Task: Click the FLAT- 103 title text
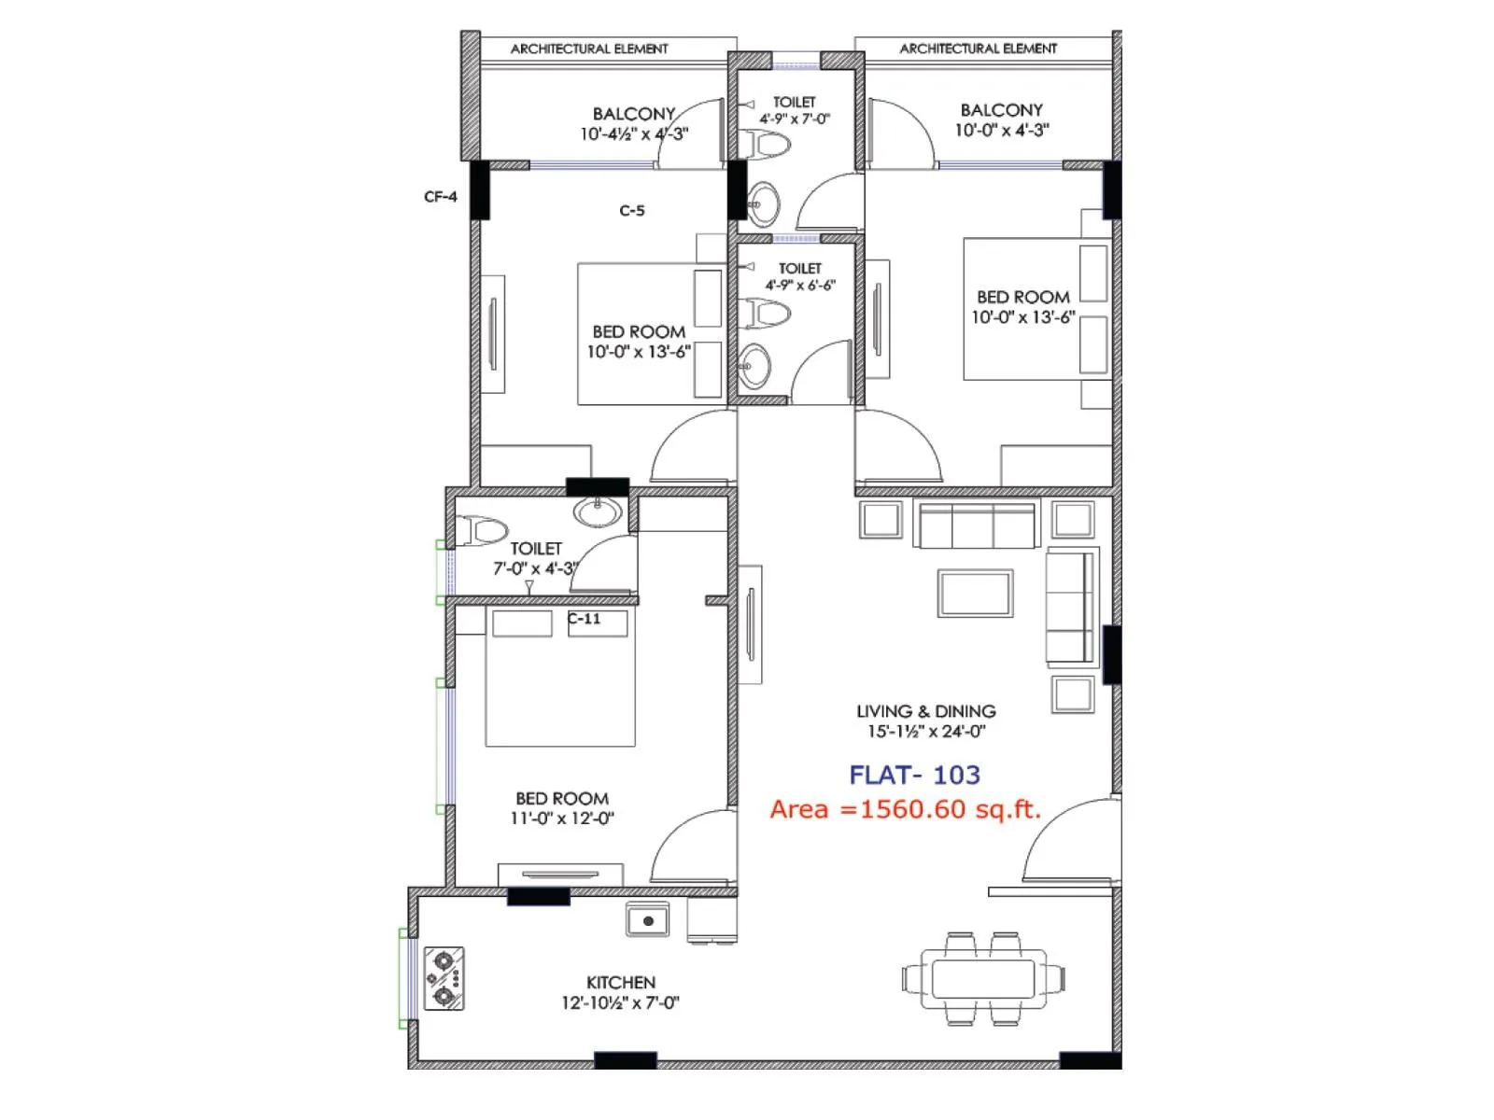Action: click(x=914, y=775)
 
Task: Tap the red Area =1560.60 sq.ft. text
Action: click(x=905, y=809)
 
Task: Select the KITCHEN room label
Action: click(x=620, y=982)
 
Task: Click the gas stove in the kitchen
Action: click(x=444, y=979)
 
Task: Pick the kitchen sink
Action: click(x=647, y=920)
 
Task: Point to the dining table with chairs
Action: click(x=982, y=979)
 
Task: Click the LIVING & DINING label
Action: click(x=925, y=711)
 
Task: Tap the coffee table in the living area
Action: click(x=976, y=594)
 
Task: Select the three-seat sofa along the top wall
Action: click(x=976, y=525)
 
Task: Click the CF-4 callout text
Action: click(x=441, y=197)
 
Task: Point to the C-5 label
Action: click(x=632, y=211)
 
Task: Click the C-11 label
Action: click(x=585, y=619)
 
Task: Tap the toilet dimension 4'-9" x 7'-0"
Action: click(x=794, y=119)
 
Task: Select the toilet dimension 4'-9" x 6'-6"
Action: click(x=800, y=286)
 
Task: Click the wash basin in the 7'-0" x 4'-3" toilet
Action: click(x=598, y=511)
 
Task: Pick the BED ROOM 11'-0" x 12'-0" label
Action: click(x=562, y=808)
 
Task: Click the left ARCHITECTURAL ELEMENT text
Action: click(x=589, y=49)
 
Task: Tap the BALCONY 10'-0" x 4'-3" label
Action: click(x=1001, y=120)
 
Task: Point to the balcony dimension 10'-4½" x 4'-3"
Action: click(x=634, y=134)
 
